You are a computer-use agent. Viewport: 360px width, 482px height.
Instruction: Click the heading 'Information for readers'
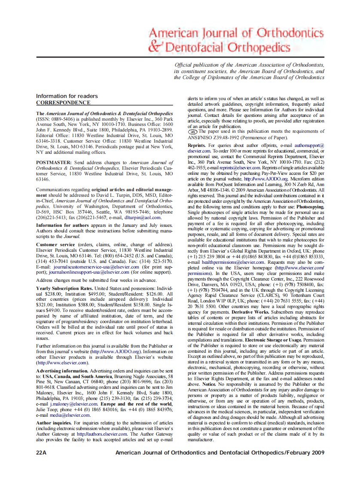click(x=67, y=96)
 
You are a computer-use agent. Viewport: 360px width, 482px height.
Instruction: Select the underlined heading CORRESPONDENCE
click(x=63, y=103)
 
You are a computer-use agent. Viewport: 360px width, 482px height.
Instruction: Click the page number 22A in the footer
click(x=42, y=453)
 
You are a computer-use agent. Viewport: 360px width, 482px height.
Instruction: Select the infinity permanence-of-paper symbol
click(x=192, y=132)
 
